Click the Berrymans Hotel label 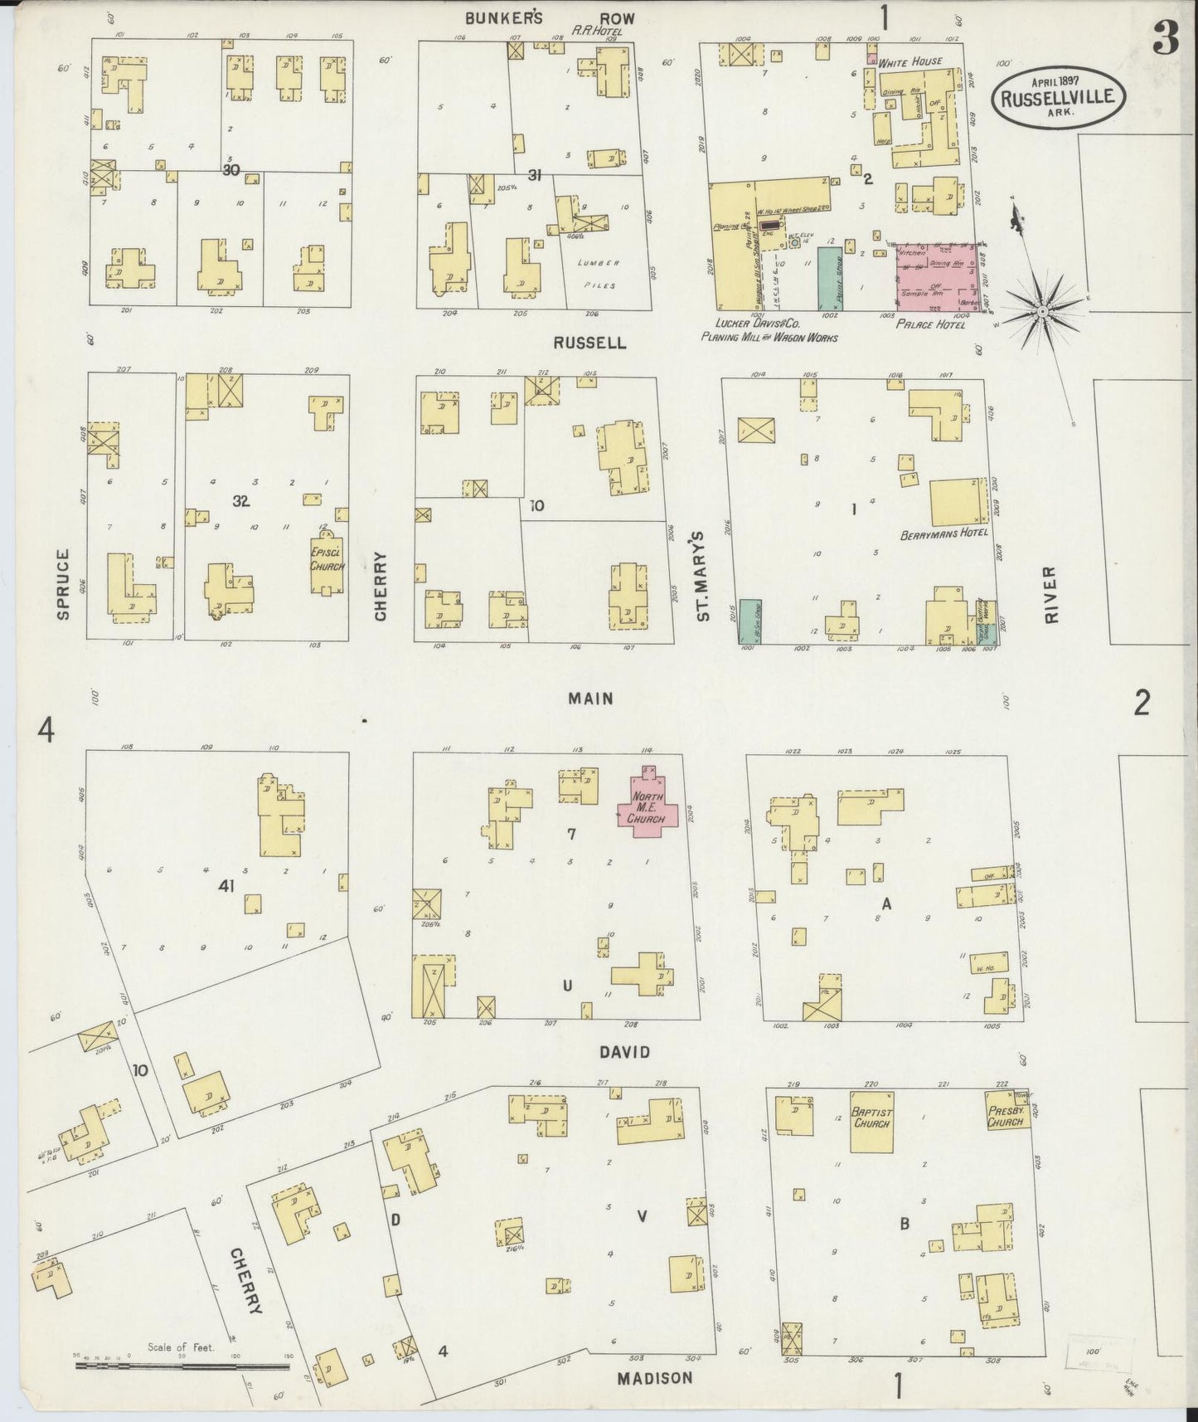[943, 533]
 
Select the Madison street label [654, 1377]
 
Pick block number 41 [226, 886]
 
